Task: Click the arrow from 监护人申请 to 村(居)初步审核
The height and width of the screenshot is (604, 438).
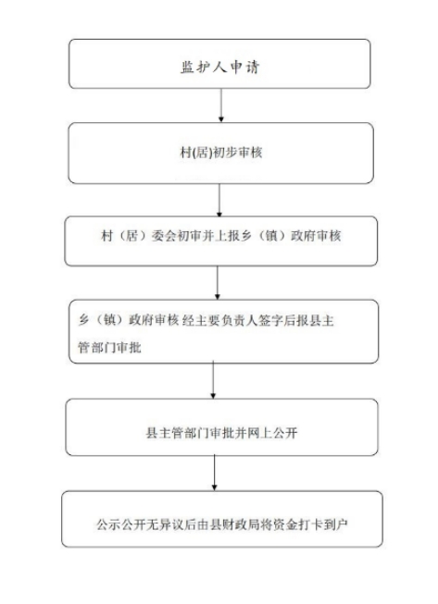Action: pyautogui.click(x=221, y=105)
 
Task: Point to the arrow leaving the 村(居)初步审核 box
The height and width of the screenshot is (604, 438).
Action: pyautogui.click(x=219, y=200)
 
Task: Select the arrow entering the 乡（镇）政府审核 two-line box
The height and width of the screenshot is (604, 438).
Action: pyautogui.click(x=217, y=283)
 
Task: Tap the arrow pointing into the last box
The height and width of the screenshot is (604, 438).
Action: pyautogui.click(x=215, y=473)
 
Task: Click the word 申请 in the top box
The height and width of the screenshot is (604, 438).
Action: pyautogui.click(x=244, y=68)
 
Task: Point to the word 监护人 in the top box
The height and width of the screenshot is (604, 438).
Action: pyautogui.click(x=204, y=68)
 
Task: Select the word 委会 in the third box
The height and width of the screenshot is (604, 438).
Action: pyautogui.click(x=164, y=235)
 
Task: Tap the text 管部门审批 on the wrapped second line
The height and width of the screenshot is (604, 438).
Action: pyautogui.click(x=109, y=348)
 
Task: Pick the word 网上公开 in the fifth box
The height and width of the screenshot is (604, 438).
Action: pyautogui.click(x=272, y=433)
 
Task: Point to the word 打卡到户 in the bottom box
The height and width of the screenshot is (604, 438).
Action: pyautogui.click(x=323, y=524)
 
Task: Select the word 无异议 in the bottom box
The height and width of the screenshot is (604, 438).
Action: pyautogui.click(x=165, y=524)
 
